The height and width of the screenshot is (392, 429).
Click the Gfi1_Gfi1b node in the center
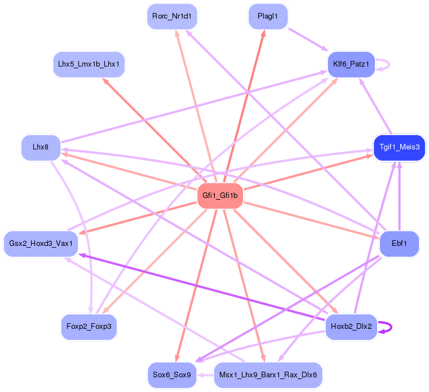click(x=220, y=196)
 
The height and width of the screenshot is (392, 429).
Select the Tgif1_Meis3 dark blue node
click(x=399, y=147)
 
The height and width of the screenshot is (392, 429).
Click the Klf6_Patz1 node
click(x=351, y=64)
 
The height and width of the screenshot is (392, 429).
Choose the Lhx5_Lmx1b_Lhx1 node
click(x=89, y=64)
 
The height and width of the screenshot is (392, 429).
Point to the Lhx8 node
click(x=40, y=147)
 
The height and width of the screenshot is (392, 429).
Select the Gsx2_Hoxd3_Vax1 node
click(x=41, y=244)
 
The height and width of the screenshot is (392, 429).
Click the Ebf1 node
click(x=399, y=244)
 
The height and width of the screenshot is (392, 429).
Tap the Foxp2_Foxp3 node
click(x=89, y=327)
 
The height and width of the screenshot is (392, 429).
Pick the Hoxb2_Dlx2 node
click(x=351, y=327)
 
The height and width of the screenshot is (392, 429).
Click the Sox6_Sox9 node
click(x=172, y=375)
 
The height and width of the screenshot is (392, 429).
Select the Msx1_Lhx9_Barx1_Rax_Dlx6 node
click(x=268, y=375)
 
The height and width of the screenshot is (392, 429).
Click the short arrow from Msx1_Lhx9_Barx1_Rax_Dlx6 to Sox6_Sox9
click(x=205, y=375)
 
